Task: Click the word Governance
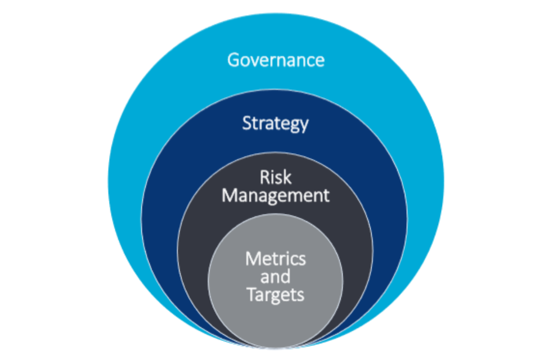point(276,60)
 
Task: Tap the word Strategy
point(275,123)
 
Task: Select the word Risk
point(275,178)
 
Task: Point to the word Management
point(275,196)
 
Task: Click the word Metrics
point(276,259)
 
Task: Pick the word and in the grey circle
point(276,276)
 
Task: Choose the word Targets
point(276,294)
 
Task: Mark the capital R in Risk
point(264,178)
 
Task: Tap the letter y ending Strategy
point(304,125)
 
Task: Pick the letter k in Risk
point(287,178)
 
